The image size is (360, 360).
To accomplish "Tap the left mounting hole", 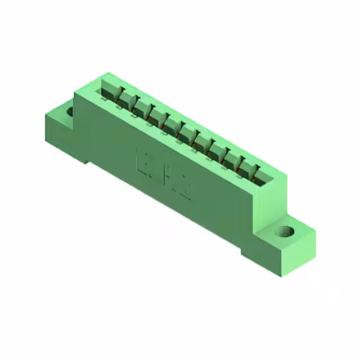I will tap(70, 111).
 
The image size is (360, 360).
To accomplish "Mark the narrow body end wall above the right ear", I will tap(276, 202).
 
